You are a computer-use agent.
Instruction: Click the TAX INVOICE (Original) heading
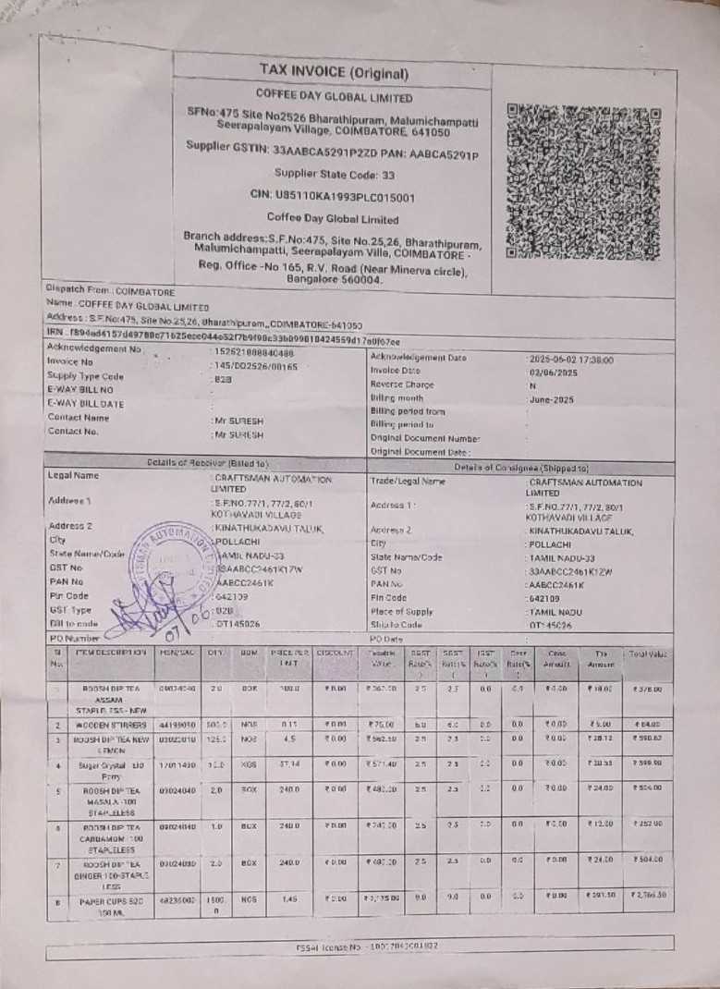point(334,71)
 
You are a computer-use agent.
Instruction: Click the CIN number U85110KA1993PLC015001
point(332,196)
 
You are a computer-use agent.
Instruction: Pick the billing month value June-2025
point(553,399)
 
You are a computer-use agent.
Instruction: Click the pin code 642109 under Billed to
point(234,597)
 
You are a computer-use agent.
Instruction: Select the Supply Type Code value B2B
point(223,379)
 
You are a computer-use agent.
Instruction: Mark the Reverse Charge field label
point(401,385)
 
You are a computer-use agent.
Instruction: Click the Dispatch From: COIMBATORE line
point(110,289)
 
